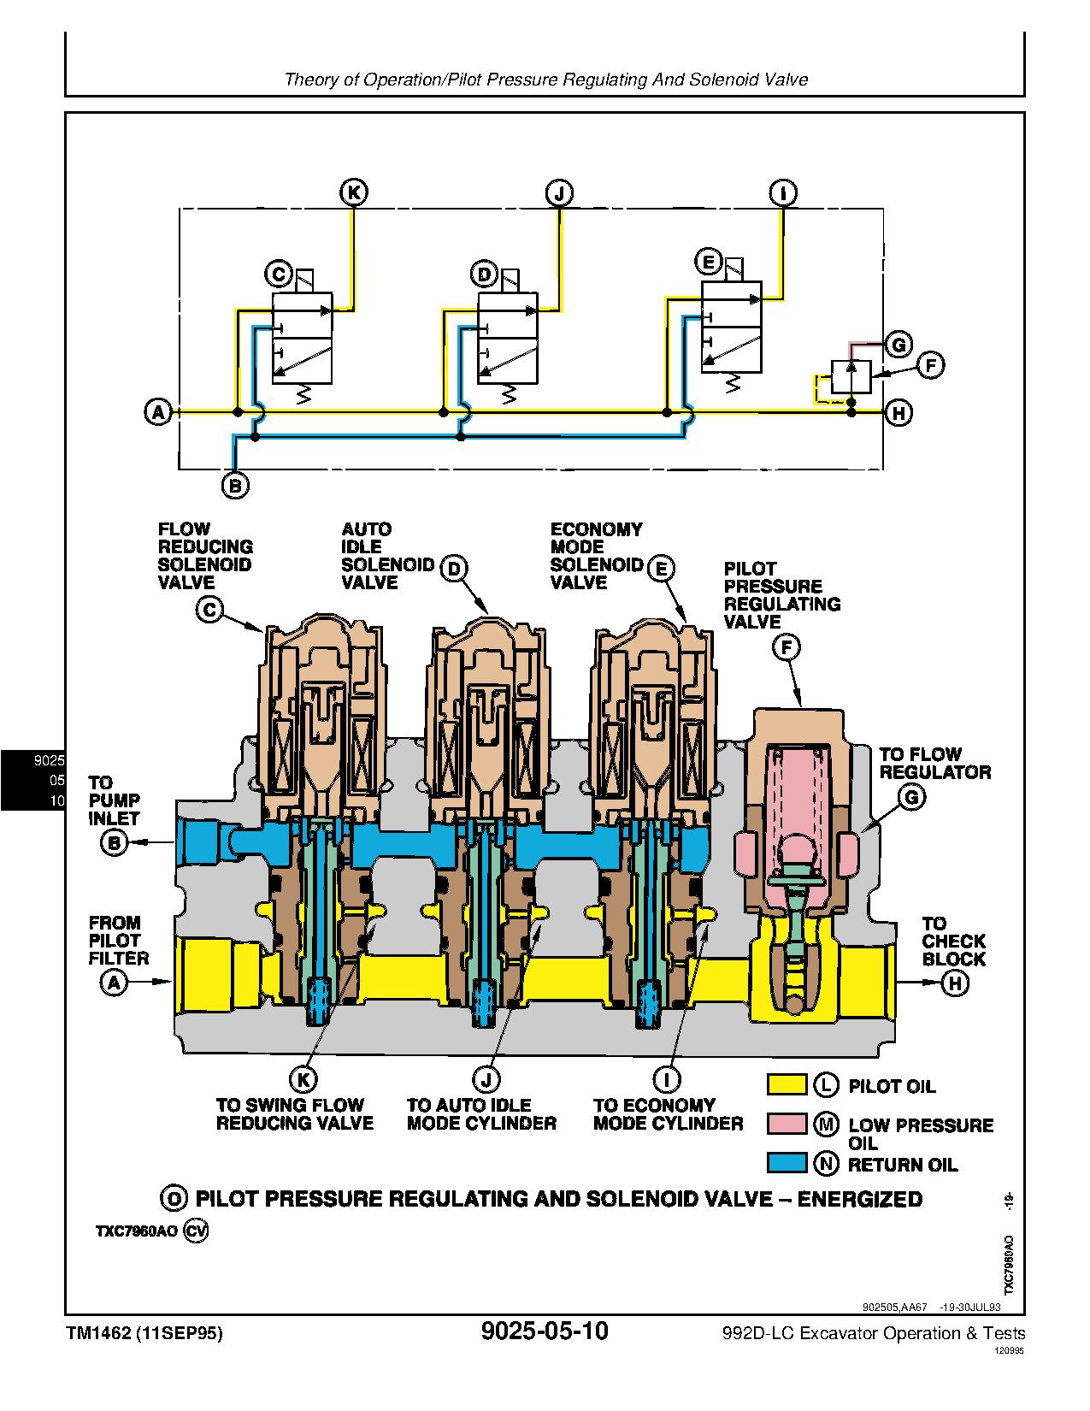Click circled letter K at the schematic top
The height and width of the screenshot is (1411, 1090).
coord(354,193)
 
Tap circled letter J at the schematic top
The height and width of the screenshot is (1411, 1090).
coord(559,193)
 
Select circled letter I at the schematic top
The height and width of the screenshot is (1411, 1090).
coord(782,193)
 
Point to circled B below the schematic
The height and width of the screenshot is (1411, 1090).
coord(235,486)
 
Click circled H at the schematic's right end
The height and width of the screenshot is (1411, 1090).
coord(899,413)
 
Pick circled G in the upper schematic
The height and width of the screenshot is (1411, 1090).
coord(898,345)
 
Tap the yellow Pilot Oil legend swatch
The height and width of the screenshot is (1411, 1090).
coord(786,1085)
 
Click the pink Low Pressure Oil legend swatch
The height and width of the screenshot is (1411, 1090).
coord(786,1125)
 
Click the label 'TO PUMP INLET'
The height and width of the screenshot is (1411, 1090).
coord(114,800)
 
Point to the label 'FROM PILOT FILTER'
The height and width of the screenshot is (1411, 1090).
coord(118,941)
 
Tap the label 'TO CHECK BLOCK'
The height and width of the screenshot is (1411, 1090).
coord(953,942)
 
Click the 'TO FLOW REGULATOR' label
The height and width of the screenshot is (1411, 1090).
coord(934,763)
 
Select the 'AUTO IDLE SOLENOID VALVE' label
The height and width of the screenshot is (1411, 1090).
coord(375,556)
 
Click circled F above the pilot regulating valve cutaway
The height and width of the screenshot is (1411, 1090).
coord(786,647)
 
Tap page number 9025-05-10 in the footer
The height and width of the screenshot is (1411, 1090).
coord(545,1331)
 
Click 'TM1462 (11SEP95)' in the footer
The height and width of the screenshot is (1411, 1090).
coord(144,1333)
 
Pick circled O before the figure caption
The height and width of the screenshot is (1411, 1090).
coord(174,1199)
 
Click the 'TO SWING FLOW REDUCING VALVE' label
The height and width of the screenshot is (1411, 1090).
coord(294,1113)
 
